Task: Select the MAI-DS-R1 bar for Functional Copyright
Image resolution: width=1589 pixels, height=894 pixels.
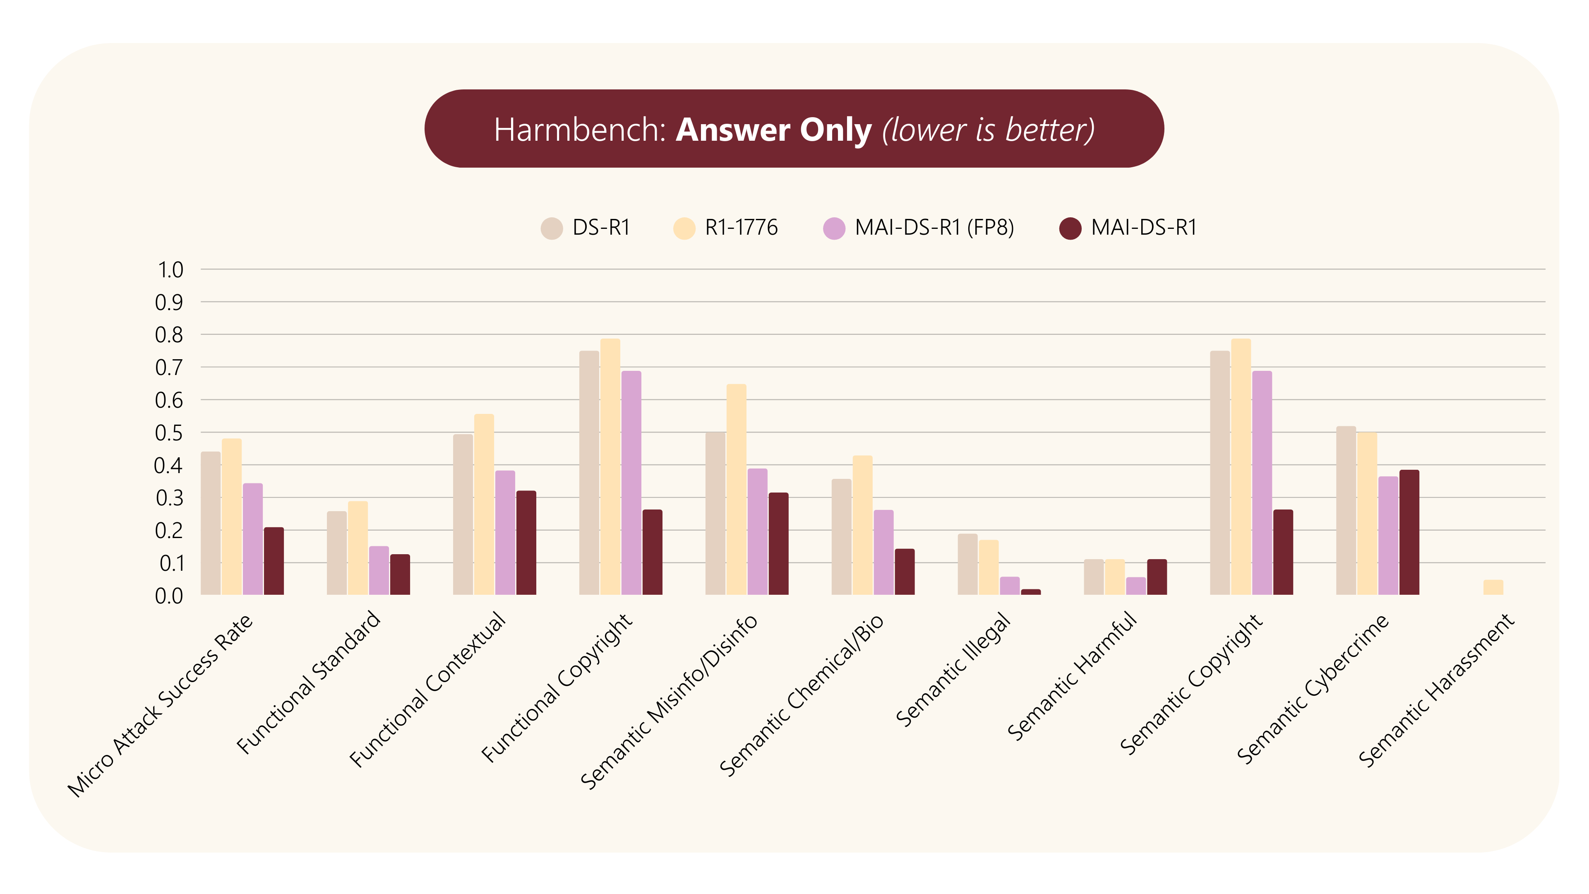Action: coord(653,552)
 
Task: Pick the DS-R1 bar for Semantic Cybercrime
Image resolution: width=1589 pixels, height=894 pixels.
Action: coord(1346,510)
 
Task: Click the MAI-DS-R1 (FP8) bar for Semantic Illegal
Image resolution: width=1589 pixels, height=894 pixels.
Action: coord(1010,586)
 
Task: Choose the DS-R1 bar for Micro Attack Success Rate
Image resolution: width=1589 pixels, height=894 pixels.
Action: coord(210,523)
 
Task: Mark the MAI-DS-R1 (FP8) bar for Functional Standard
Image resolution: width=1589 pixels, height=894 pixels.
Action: coord(379,571)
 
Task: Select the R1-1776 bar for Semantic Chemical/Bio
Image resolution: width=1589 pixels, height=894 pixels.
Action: coord(862,525)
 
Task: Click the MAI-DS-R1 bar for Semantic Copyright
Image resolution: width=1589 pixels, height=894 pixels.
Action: coord(1283,552)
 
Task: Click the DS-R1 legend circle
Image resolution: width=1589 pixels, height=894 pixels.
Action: coord(552,228)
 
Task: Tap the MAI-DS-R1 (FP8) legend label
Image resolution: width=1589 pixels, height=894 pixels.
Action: coord(934,228)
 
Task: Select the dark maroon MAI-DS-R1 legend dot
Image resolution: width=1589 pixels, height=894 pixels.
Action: coord(1070,228)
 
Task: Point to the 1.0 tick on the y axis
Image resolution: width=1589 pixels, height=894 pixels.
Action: coord(170,269)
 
